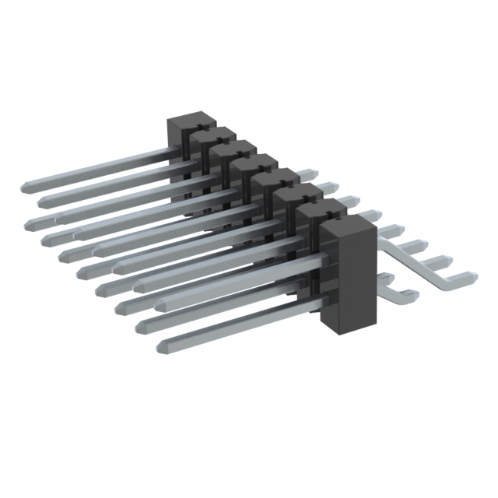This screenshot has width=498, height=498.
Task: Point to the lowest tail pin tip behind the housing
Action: click(411, 293)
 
